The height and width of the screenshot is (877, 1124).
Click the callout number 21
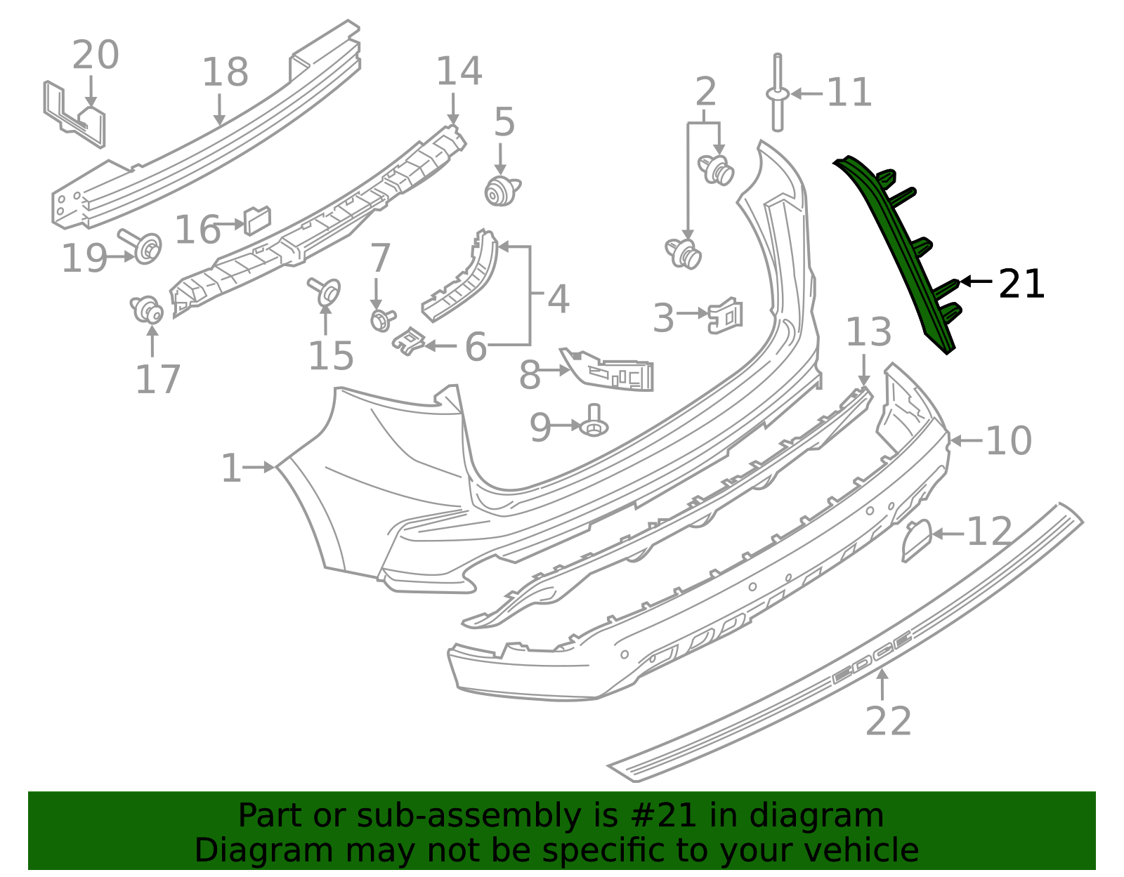1021,284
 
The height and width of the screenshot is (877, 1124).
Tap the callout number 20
96,55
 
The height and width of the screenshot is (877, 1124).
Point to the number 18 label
225,72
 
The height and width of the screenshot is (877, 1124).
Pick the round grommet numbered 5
500,191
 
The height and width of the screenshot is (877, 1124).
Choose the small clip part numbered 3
726,315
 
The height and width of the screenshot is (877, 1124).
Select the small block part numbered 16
256,220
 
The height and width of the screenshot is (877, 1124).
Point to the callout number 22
888,721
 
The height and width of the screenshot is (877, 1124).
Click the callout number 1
231,468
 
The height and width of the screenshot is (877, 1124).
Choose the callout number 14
459,71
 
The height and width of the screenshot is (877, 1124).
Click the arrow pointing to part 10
966,441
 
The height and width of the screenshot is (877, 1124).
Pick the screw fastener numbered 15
325,291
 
